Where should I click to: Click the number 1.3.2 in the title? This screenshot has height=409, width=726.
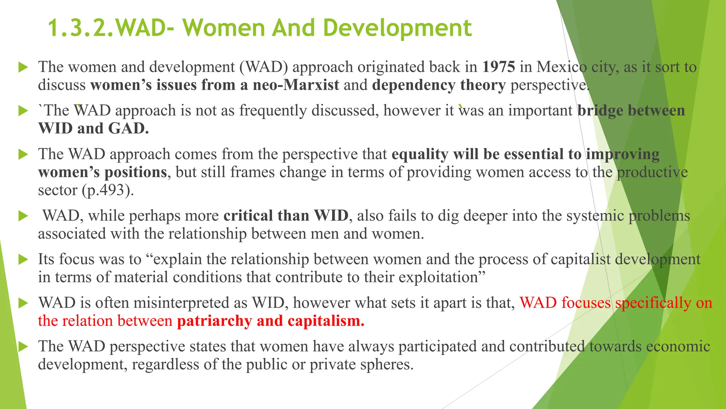(80, 28)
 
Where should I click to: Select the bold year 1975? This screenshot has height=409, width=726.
(498, 67)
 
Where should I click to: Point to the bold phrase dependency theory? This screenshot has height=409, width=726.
(439, 85)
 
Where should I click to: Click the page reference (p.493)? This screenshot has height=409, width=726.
(108, 190)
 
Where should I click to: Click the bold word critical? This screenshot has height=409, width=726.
(248, 216)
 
